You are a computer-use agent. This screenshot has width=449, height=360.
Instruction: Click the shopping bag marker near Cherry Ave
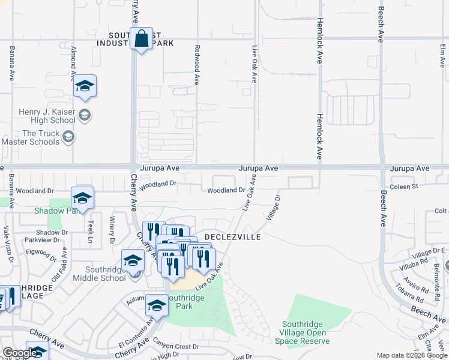(141, 40)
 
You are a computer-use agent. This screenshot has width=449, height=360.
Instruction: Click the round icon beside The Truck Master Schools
(68, 137)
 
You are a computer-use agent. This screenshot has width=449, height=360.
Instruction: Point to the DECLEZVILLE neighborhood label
(233, 237)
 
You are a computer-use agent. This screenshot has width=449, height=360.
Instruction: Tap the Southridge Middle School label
(99, 274)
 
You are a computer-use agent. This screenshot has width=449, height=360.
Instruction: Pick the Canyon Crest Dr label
(175, 346)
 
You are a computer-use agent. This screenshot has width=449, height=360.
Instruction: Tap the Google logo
(20, 353)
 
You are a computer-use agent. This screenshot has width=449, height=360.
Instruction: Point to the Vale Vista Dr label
(8, 243)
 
